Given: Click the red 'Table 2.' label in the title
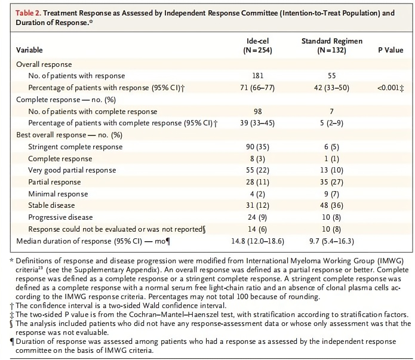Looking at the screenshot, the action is pyautogui.click(x=28, y=13).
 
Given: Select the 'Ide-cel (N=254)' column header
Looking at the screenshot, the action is pyautogui.click(x=257, y=45).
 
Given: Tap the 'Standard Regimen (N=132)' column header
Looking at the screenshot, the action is pyautogui.click(x=332, y=45).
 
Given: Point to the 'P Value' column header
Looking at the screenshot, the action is pyautogui.click(x=391, y=50).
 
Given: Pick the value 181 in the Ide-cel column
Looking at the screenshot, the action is pyautogui.click(x=258, y=76).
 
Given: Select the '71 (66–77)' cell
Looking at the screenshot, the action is pyautogui.click(x=257, y=88).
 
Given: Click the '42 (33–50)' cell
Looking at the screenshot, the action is pyautogui.click(x=331, y=88).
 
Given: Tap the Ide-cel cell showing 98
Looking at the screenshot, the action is pyautogui.click(x=258, y=112).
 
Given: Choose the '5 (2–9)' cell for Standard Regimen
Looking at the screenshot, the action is pyautogui.click(x=331, y=123).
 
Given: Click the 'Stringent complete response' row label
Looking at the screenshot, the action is pyautogui.click(x=75, y=147).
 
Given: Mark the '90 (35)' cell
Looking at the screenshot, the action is pyautogui.click(x=257, y=147).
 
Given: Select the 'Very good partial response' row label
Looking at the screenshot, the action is pyautogui.click(x=72, y=170).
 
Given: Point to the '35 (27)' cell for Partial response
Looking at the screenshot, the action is pyautogui.click(x=331, y=182).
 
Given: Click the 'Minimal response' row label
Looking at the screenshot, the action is pyautogui.click(x=58, y=194).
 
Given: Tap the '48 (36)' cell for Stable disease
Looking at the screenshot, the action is pyautogui.click(x=331, y=205).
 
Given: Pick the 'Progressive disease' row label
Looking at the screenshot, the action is pyautogui.click(x=60, y=217).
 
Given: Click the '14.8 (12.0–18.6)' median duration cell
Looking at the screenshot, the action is pyautogui.click(x=257, y=241).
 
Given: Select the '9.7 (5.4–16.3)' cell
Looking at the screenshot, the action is pyautogui.click(x=331, y=241).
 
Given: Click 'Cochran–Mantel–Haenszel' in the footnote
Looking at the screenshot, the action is pyautogui.click(x=182, y=315).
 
